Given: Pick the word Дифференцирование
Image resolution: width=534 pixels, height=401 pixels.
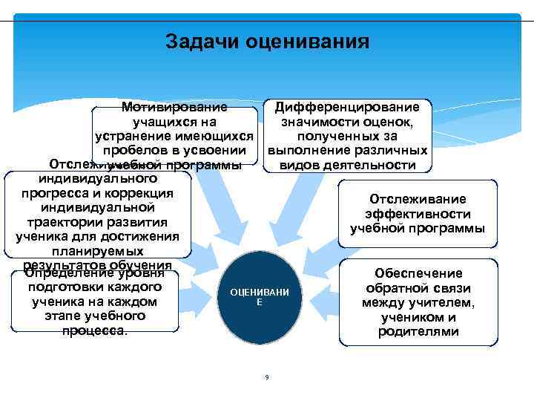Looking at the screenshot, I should click(346, 108).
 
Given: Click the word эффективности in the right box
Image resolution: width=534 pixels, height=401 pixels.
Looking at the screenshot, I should click(418, 213).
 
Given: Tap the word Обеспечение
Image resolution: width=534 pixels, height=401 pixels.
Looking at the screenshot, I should click(418, 273).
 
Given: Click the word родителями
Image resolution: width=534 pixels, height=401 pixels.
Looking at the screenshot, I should click(418, 331).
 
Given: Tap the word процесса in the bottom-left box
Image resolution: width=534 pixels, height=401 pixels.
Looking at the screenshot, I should click(95, 329).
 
